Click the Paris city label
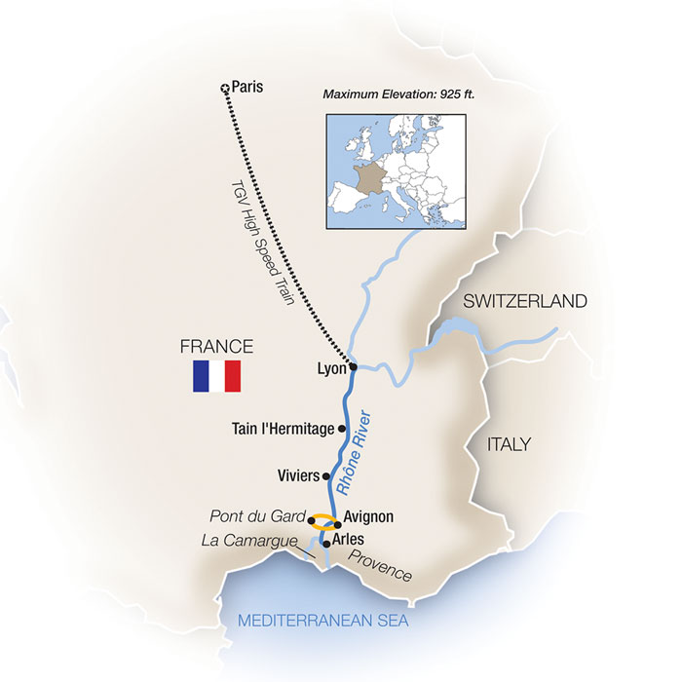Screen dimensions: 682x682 click(247, 87)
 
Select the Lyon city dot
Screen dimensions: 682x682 click(354, 367)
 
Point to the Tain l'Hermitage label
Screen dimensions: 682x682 click(284, 428)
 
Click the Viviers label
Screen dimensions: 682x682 click(298, 476)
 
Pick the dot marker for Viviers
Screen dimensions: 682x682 click(326, 476)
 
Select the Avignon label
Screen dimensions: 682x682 click(369, 518)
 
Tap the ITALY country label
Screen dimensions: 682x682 click(508, 444)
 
